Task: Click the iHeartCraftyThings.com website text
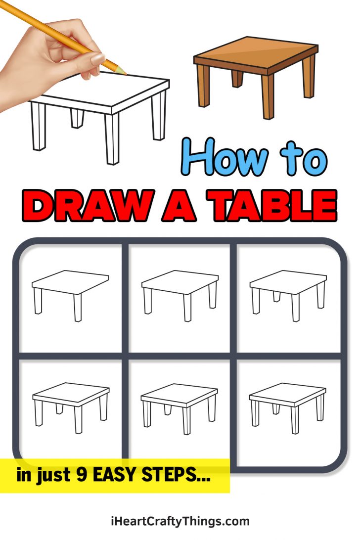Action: click(x=180, y=521)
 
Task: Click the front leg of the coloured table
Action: click(x=268, y=96)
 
